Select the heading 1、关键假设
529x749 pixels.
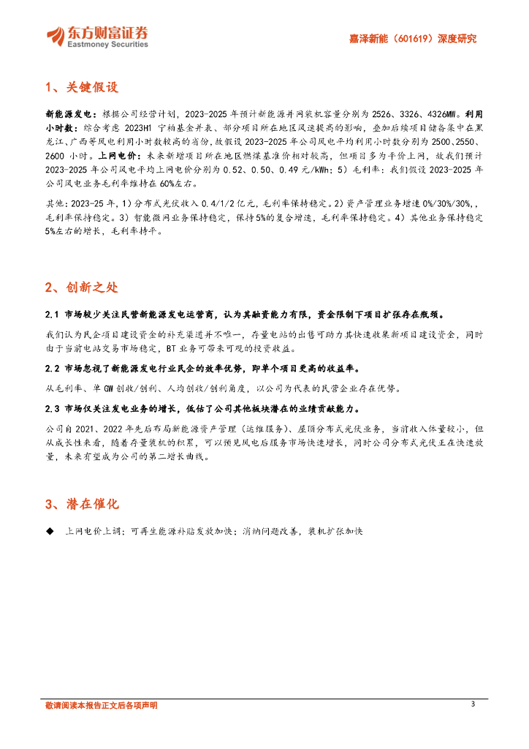80,89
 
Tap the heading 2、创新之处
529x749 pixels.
80,287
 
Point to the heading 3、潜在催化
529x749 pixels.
80,504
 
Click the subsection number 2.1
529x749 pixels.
52,315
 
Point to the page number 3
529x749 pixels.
473,704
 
